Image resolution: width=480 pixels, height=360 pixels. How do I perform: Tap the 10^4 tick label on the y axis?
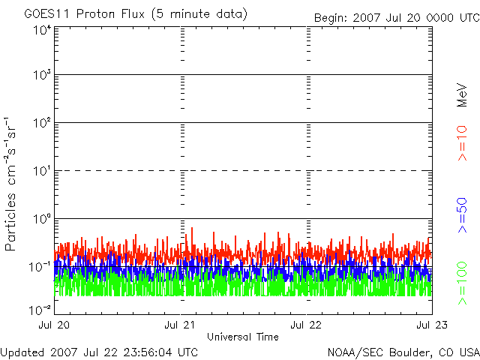42,31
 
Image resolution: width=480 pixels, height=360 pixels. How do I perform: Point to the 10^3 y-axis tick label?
42,75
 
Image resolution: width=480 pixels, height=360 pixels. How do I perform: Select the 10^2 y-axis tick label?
42,123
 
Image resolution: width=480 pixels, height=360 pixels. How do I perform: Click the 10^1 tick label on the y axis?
42,171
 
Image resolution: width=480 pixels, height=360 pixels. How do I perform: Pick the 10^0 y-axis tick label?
42,219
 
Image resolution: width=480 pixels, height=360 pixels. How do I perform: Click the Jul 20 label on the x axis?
54,325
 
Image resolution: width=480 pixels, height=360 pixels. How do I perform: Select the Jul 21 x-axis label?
180,325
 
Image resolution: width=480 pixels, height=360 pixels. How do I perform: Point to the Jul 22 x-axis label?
306,325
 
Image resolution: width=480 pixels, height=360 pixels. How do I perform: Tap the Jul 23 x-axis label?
432,325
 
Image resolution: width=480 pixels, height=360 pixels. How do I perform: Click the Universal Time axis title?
243,337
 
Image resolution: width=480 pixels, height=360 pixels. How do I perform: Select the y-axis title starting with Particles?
10,184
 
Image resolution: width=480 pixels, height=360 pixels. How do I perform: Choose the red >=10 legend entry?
462,143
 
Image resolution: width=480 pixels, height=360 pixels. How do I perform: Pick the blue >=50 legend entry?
462,215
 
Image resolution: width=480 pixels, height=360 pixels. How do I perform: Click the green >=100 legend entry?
462,283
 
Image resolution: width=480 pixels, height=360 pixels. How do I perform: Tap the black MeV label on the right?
462,95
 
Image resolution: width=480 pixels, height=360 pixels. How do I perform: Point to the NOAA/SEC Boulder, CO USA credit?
403,352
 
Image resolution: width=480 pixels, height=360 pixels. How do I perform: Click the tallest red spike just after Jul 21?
192,228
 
